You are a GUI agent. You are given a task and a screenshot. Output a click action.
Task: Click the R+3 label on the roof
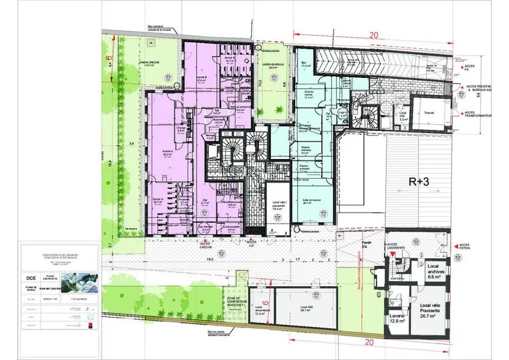[422, 182]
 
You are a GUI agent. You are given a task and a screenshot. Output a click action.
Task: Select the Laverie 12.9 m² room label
[396, 318]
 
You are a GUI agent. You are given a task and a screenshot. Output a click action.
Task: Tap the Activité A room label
[166, 154]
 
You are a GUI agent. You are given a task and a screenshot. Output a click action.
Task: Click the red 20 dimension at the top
[373, 36]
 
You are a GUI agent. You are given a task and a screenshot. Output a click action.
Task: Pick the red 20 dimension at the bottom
[368, 342]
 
